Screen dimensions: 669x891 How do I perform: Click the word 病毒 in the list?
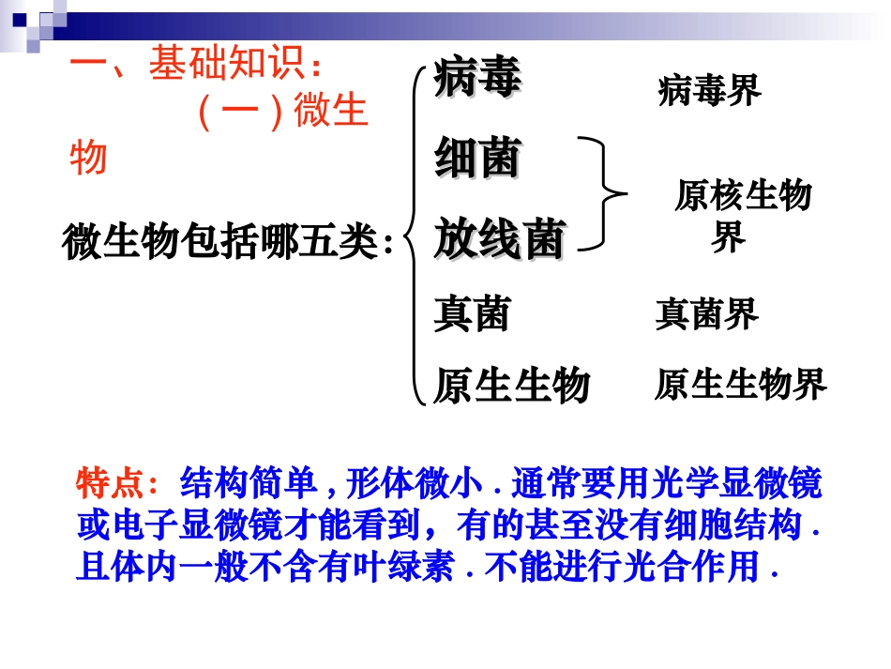pos(477,79)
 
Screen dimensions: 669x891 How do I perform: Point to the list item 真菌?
pos(472,313)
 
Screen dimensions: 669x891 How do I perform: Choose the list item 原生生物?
pos(511,385)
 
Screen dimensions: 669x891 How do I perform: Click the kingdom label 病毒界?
pos(709,91)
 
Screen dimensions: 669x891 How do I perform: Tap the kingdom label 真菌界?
pos(706,314)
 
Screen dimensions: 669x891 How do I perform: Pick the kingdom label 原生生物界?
pos(740,384)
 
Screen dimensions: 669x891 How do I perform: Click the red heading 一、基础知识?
pos(197,65)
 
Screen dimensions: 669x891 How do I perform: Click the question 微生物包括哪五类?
pos(228,241)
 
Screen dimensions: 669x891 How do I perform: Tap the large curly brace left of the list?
pos(415,235)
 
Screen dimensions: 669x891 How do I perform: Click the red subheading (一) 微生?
pos(281,114)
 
